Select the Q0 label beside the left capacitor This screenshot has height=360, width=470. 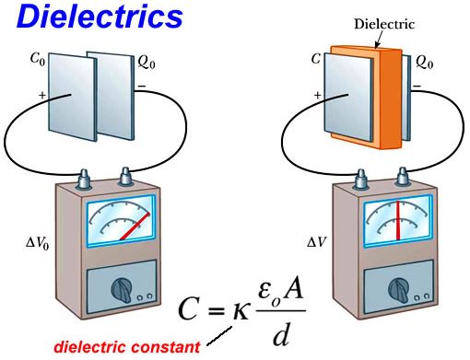[x=146, y=64]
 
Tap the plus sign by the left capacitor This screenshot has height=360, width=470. [x=41, y=94]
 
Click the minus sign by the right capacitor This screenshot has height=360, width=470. [x=417, y=88]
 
